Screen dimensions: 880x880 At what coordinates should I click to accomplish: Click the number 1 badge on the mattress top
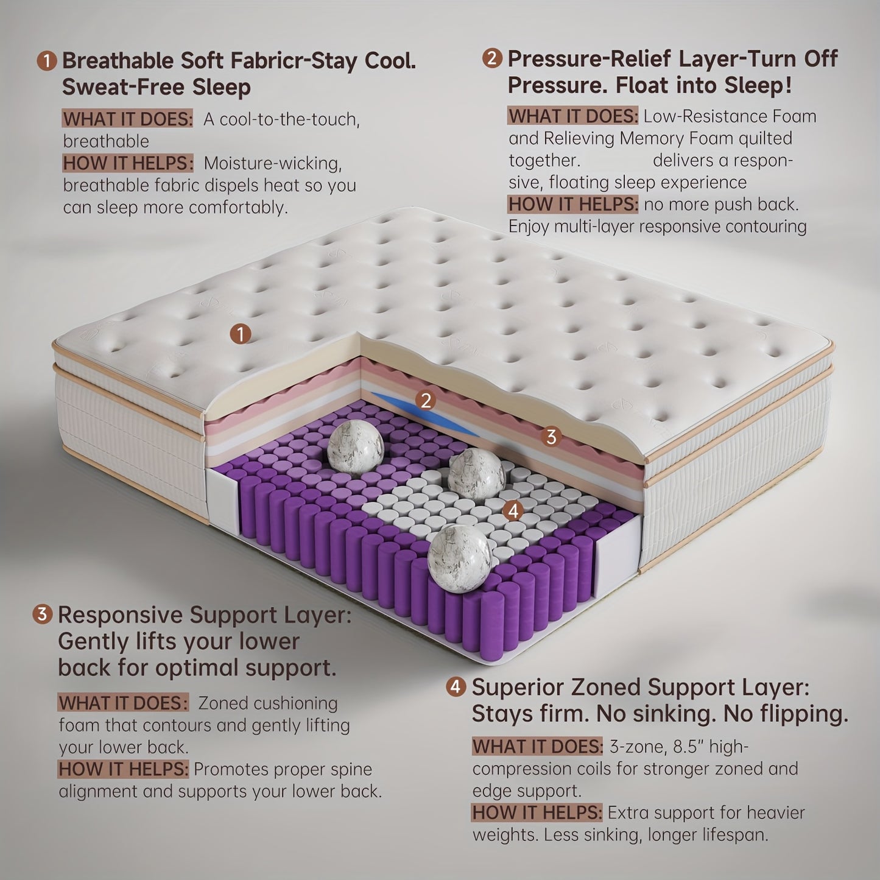point(241,334)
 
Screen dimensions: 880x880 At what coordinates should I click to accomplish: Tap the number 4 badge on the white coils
point(513,510)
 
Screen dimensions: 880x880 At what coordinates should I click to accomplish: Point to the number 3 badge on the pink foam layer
point(551,437)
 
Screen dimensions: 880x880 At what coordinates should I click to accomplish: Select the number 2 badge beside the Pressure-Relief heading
point(492,58)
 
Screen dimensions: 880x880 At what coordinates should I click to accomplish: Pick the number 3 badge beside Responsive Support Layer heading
point(42,614)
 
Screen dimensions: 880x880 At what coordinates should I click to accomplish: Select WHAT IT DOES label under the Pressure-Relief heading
point(573,116)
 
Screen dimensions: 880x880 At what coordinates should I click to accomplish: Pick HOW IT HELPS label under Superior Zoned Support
point(537,812)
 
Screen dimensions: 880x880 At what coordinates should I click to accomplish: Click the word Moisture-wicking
point(273,163)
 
